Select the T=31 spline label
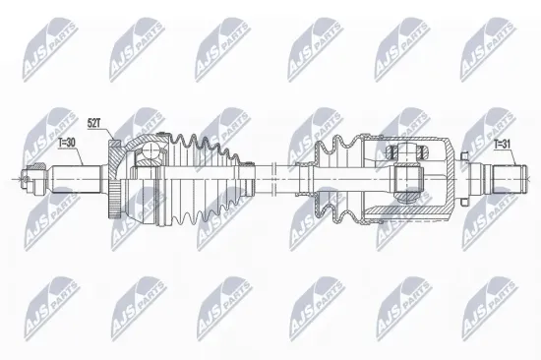pos(502,145)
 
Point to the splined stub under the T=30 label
pos(74,179)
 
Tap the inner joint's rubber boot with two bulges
pos(335,177)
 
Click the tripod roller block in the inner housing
pos(407,178)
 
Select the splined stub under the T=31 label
pos(502,179)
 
